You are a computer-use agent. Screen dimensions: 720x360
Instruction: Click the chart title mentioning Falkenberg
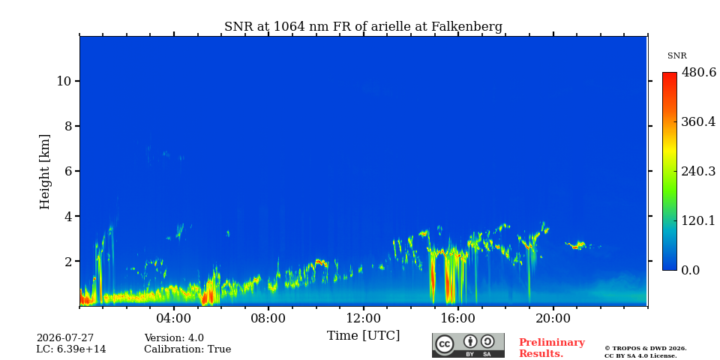click(x=363, y=27)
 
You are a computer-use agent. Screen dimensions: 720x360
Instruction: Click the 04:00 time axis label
click(x=173, y=318)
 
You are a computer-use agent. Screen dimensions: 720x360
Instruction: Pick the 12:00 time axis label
click(x=363, y=318)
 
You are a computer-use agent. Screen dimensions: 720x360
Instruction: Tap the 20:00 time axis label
click(x=553, y=318)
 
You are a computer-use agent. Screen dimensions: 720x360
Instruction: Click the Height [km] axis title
click(x=44, y=172)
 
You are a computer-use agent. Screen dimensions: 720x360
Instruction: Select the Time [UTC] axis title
click(x=363, y=336)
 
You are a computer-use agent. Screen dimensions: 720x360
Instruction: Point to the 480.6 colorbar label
click(x=698, y=72)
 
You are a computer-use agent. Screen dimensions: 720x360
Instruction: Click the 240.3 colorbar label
click(x=698, y=171)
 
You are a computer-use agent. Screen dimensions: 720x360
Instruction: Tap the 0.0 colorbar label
click(x=690, y=270)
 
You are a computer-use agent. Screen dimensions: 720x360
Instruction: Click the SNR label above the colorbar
click(x=676, y=56)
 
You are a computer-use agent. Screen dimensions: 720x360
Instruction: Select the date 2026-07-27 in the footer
click(x=64, y=338)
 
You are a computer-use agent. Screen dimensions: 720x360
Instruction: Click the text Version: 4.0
click(x=174, y=338)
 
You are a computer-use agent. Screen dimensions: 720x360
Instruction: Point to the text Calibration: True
click(x=187, y=349)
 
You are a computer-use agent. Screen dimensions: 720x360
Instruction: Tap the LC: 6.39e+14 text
click(x=71, y=349)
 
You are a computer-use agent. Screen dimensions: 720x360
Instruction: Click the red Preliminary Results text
click(x=552, y=348)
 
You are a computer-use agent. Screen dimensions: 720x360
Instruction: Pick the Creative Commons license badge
click(x=468, y=345)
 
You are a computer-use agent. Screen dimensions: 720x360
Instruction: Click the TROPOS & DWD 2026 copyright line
click(x=645, y=349)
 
